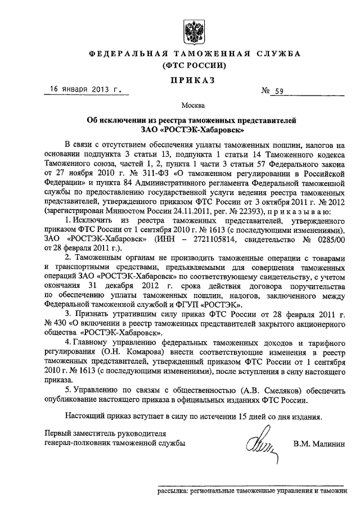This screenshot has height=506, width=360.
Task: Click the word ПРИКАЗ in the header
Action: coord(193,80)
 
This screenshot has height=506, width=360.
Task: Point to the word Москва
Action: coord(193,105)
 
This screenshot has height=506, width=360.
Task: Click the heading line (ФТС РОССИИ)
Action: coord(193,66)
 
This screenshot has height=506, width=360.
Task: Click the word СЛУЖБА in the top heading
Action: coord(275,53)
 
